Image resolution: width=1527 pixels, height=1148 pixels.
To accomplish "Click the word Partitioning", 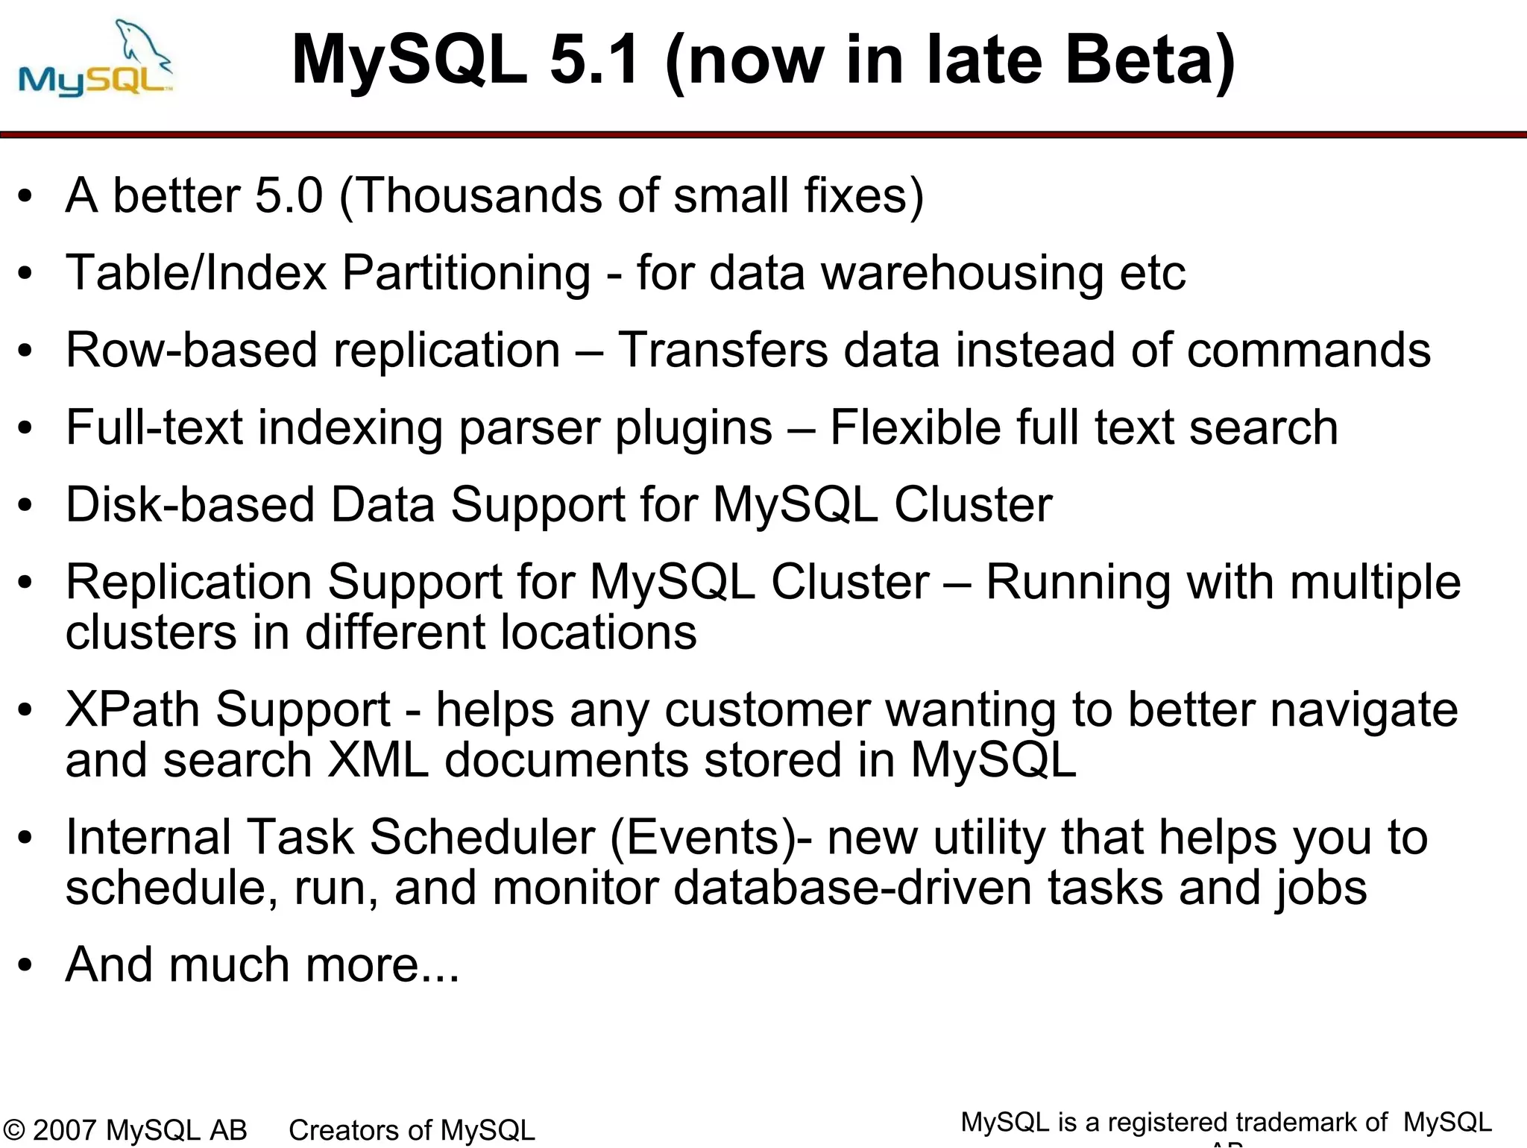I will [x=466, y=273].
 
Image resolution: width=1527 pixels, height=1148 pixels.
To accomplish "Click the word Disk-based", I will [x=190, y=505].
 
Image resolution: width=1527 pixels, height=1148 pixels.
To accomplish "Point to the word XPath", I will [x=133, y=709].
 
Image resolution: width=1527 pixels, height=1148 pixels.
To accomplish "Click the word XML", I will [x=378, y=760].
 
